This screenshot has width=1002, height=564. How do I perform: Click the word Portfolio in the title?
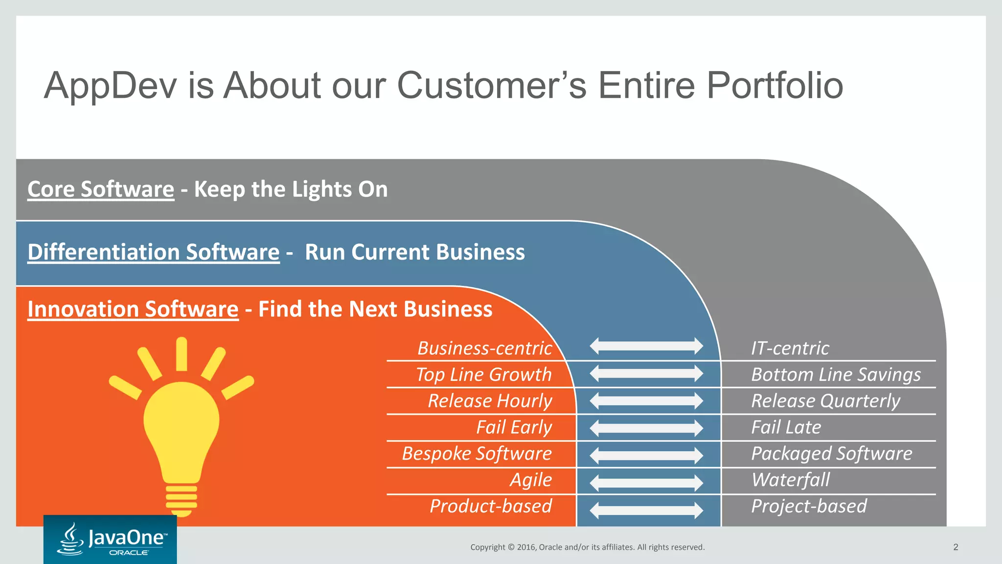pyautogui.click(x=774, y=86)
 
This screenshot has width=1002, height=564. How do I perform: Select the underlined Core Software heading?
pyautogui.click(x=101, y=189)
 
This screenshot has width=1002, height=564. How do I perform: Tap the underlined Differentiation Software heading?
pyautogui.click(x=153, y=252)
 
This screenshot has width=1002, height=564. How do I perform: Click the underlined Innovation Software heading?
pyautogui.click(x=133, y=309)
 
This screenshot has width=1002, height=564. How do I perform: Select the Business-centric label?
pyautogui.click(x=484, y=348)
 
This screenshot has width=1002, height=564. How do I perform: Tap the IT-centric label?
pyautogui.click(x=790, y=348)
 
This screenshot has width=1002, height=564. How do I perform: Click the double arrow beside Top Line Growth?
pyautogui.click(x=646, y=374)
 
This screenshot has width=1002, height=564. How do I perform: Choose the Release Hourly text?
pyautogui.click(x=490, y=401)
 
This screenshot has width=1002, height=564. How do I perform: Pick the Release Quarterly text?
pyautogui.click(x=825, y=401)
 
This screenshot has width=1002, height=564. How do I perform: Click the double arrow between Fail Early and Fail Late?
pyautogui.click(x=646, y=428)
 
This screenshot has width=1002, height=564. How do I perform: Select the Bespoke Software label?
pyautogui.click(x=477, y=453)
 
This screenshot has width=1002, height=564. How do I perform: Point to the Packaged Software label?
pyautogui.click(x=831, y=453)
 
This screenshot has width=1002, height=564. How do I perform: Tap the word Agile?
pyautogui.click(x=531, y=480)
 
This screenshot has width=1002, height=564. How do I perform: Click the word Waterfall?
pyautogui.click(x=791, y=480)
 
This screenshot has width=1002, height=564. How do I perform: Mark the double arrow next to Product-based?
pyautogui.click(x=646, y=510)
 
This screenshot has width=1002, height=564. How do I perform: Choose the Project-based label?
pyautogui.click(x=809, y=506)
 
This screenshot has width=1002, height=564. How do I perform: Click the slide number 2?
pyautogui.click(x=956, y=547)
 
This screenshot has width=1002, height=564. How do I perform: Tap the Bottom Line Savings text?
pyautogui.click(x=836, y=375)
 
